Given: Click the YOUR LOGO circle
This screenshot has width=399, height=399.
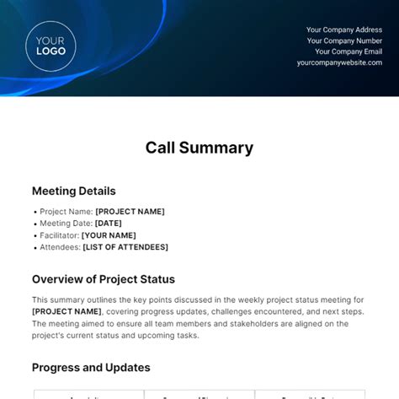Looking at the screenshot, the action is click(x=51, y=46).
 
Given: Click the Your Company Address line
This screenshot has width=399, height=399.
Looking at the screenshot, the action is click(x=343, y=30).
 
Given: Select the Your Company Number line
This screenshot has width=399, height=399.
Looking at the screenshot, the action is click(x=343, y=40).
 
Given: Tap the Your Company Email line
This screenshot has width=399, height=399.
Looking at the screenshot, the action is click(x=348, y=51).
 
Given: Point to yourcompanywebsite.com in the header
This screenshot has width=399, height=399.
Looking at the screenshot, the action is click(x=338, y=62).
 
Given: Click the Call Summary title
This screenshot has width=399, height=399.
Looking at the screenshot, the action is click(x=199, y=148).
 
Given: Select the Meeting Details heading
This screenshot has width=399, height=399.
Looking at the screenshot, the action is click(x=74, y=191).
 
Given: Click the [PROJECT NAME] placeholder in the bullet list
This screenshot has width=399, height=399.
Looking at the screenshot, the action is click(x=130, y=212).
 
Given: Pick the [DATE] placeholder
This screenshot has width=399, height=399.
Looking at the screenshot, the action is click(x=109, y=224).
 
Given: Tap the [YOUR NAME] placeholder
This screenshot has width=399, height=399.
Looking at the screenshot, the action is click(x=109, y=235).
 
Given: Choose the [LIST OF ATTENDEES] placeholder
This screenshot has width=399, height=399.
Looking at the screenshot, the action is click(x=125, y=247).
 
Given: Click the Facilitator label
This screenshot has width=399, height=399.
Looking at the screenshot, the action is click(x=59, y=235).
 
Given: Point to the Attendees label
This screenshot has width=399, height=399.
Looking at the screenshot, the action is click(x=60, y=247).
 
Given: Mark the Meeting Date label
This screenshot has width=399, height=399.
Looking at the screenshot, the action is click(x=66, y=224).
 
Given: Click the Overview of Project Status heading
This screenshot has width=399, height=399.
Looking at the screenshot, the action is click(x=104, y=279).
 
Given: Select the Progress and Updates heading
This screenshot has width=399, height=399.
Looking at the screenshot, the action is click(x=91, y=368).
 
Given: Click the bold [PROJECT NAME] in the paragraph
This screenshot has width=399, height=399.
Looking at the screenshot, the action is click(x=66, y=311).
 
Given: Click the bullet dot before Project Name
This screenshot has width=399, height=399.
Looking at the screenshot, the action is click(x=35, y=213).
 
